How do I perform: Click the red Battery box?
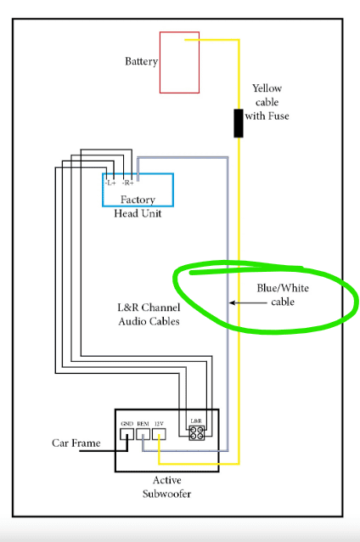point(160,63)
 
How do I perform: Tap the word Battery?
point(141,61)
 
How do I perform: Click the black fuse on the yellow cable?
point(239,123)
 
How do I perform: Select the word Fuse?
point(278,116)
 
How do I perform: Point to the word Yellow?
point(267,88)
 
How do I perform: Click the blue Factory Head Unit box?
point(103,190)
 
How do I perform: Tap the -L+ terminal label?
point(110,183)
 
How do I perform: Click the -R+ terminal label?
point(127,183)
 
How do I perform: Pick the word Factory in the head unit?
point(138,200)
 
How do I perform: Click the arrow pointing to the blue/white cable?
point(248,302)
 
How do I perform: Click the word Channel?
point(160,308)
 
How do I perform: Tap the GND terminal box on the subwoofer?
point(127,434)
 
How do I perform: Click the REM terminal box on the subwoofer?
point(143,434)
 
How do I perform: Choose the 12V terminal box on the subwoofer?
point(159,434)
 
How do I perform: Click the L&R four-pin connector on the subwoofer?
point(197,432)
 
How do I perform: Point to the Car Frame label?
point(76,443)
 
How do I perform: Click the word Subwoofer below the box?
point(167,494)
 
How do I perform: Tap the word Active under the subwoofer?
point(167,480)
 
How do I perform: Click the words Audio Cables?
point(149,321)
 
